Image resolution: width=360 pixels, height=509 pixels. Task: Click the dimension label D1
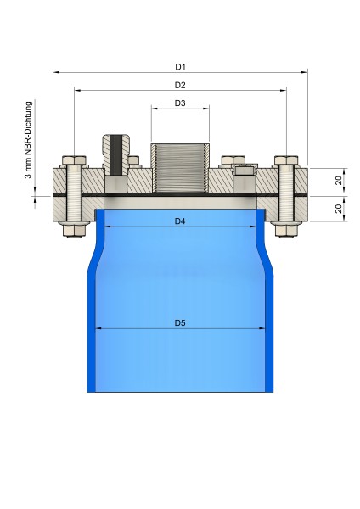tap(180, 66)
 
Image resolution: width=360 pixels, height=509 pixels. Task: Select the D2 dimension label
tap(180, 84)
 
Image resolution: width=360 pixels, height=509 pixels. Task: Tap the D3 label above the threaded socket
tap(180, 103)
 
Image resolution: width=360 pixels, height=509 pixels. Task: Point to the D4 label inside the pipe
tap(180, 221)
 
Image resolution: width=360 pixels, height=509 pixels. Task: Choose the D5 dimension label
tap(180, 322)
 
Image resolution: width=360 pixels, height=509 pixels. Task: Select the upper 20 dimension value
tap(338, 181)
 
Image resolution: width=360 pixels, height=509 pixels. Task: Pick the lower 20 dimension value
tap(338, 209)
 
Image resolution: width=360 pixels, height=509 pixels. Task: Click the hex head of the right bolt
tap(286, 159)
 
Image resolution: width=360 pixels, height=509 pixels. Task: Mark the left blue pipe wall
tap(91, 322)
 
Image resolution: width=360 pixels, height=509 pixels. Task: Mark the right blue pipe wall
tap(270, 322)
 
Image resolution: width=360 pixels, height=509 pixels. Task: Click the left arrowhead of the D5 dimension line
tap(98, 329)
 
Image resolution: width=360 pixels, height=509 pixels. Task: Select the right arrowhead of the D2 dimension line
tap(283, 90)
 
